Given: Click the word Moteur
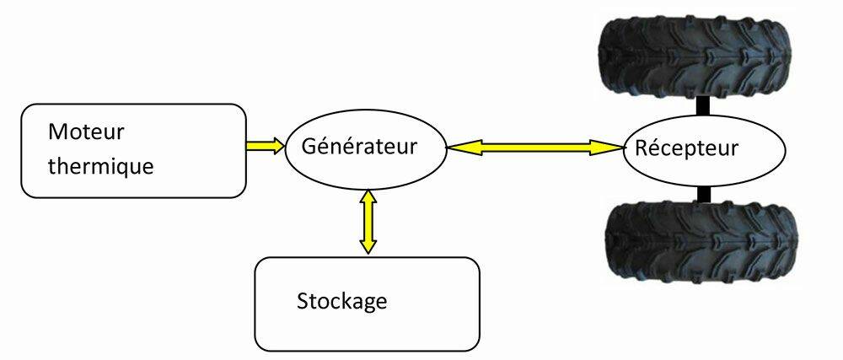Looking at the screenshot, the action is click(x=86, y=132).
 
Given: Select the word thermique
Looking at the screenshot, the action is click(x=100, y=165).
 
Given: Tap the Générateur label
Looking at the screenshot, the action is click(x=359, y=146).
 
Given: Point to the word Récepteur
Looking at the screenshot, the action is click(x=686, y=148).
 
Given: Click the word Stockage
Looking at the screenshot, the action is click(x=342, y=301).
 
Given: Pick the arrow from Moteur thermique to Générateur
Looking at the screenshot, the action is click(x=265, y=146).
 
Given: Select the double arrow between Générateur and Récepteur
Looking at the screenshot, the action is click(x=534, y=147).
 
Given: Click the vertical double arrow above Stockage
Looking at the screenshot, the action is click(x=368, y=221).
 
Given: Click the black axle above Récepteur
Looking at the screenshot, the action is click(x=703, y=107).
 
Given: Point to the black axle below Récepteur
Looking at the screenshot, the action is click(x=704, y=195).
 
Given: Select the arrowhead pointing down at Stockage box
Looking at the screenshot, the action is click(x=368, y=244).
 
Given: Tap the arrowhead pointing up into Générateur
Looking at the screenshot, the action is click(x=368, y=198).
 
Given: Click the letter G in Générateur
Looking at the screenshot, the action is click(x=309, y=146).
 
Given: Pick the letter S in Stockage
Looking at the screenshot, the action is click(x=303, y=302).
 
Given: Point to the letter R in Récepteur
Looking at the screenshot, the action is click(x=642, y=148).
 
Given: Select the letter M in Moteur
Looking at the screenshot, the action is click(x=57, y=132).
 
